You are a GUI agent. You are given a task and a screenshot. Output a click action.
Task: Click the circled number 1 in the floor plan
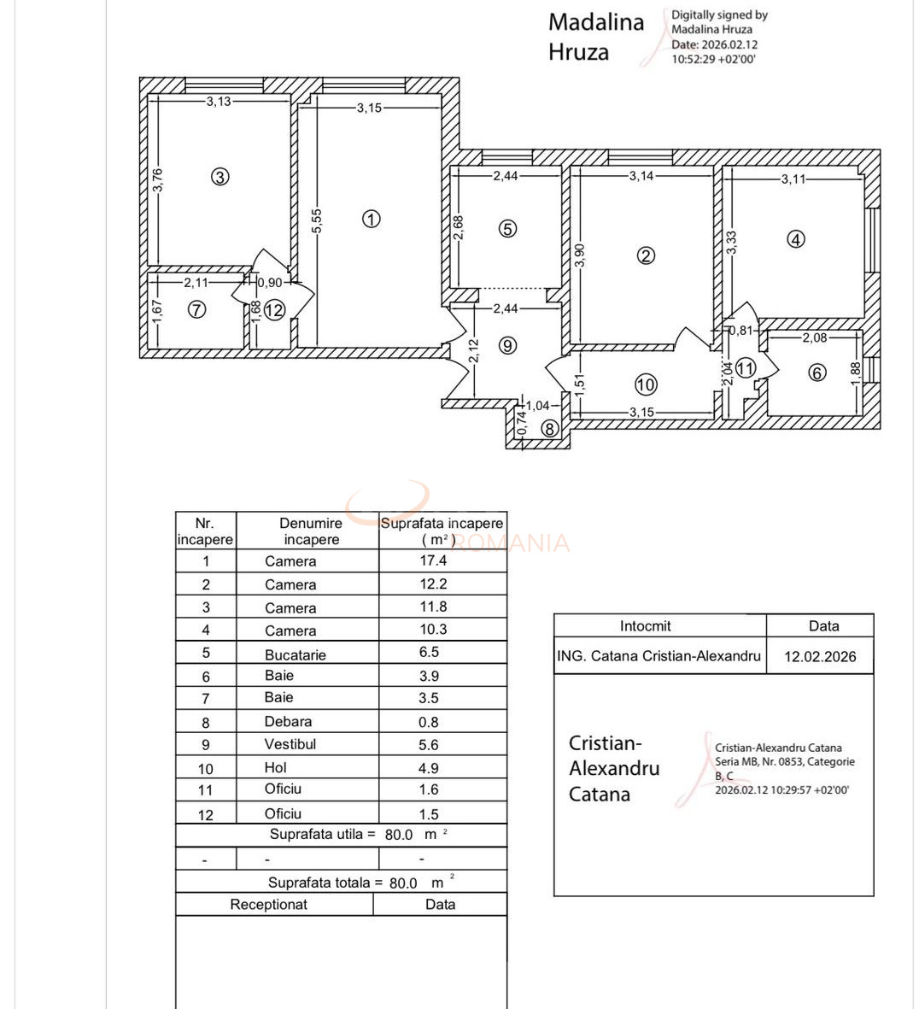click(371, 219)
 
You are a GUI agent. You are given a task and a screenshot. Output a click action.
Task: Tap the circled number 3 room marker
click(220, 177)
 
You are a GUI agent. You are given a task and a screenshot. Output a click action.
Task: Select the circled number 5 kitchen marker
click(508, 228)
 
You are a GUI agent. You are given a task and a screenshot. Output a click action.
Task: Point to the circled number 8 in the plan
click(549, 429)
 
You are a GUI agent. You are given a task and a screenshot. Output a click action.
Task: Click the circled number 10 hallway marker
click(646, 384)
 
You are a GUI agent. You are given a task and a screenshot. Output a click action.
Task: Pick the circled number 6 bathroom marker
click(817, 373)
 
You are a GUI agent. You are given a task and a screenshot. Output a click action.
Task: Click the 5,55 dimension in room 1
click(317, 221)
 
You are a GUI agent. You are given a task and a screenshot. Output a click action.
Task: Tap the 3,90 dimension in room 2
click(580, 255)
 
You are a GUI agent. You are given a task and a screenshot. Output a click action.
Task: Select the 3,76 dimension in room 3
click(157, 179)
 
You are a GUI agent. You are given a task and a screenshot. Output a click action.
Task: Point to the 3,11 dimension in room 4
click(793, 179)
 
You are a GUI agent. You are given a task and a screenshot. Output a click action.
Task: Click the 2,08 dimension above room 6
click(814, 337)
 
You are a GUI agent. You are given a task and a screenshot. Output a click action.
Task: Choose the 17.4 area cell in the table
click(433, 560)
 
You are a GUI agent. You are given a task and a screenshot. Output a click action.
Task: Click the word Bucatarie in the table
click(295, 654)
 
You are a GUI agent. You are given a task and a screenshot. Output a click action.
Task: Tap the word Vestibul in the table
click(290, 744)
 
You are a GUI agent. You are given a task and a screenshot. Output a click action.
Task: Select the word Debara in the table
click(288, 721)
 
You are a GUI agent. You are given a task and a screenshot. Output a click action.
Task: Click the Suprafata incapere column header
click(442, 531)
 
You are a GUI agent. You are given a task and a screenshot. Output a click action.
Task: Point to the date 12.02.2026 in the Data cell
click(819, 657)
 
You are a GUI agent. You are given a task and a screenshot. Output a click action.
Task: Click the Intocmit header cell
click(645, 626)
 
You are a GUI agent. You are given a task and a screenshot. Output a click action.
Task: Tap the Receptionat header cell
click(268, 904)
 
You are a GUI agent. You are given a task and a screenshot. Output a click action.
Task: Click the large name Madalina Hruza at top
click(595, 37)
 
